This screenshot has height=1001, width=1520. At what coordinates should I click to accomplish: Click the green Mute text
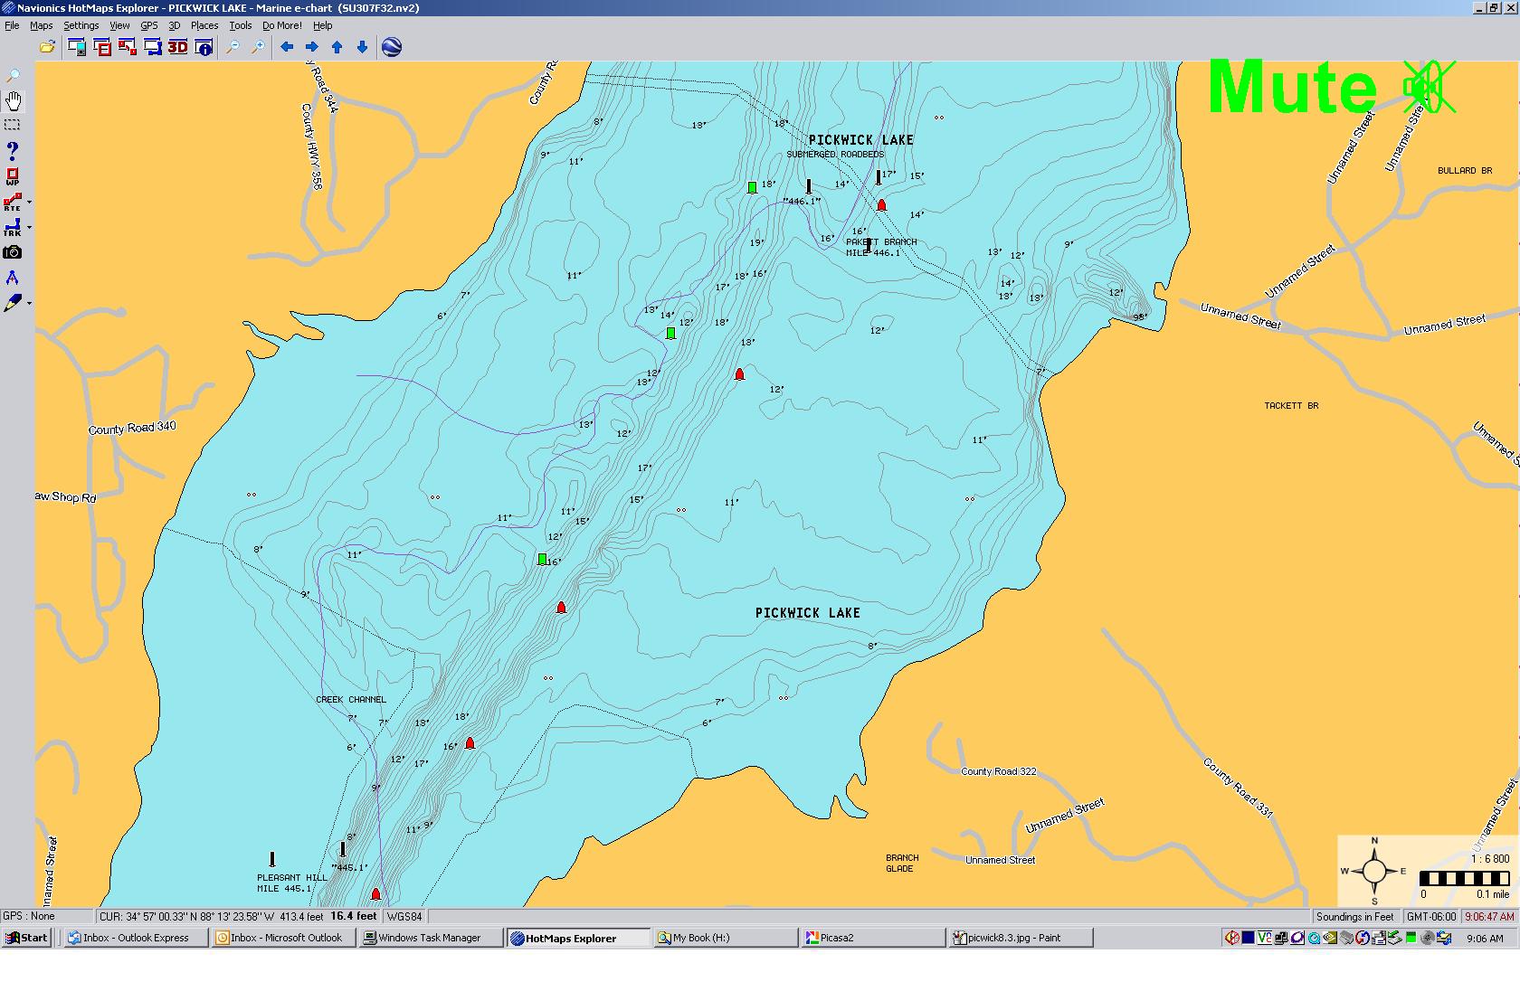point(1292,87)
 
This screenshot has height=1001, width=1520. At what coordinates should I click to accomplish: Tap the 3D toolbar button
point(177,47)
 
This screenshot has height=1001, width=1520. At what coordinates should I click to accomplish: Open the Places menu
point(204,25)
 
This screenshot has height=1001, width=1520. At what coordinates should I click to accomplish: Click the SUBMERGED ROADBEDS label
point(834,155)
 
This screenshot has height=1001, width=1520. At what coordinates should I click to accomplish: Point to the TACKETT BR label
point(1291,406)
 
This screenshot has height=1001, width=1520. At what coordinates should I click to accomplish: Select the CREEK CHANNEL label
point(350,700)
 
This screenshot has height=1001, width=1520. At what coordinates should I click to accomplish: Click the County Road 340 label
point(132,428)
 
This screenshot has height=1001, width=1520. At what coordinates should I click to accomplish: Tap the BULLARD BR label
point(1464,171)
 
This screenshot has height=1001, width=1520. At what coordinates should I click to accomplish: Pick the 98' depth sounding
point(1140,317)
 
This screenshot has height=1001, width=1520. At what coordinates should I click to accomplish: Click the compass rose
point(1373,872)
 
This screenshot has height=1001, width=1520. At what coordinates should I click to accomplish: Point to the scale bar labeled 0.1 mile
point(1464,879)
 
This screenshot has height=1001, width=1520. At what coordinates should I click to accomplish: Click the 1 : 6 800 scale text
point(1489,859)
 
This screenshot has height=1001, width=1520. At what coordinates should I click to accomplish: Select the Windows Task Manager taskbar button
point(430,938)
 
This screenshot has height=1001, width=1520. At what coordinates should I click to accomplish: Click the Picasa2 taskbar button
point(836,938)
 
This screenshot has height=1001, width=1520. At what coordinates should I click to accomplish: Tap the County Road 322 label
point(998,771)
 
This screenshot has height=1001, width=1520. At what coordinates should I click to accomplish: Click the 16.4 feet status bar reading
point(353,916)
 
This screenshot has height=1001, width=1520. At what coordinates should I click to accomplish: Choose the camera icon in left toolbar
point(13,253)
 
